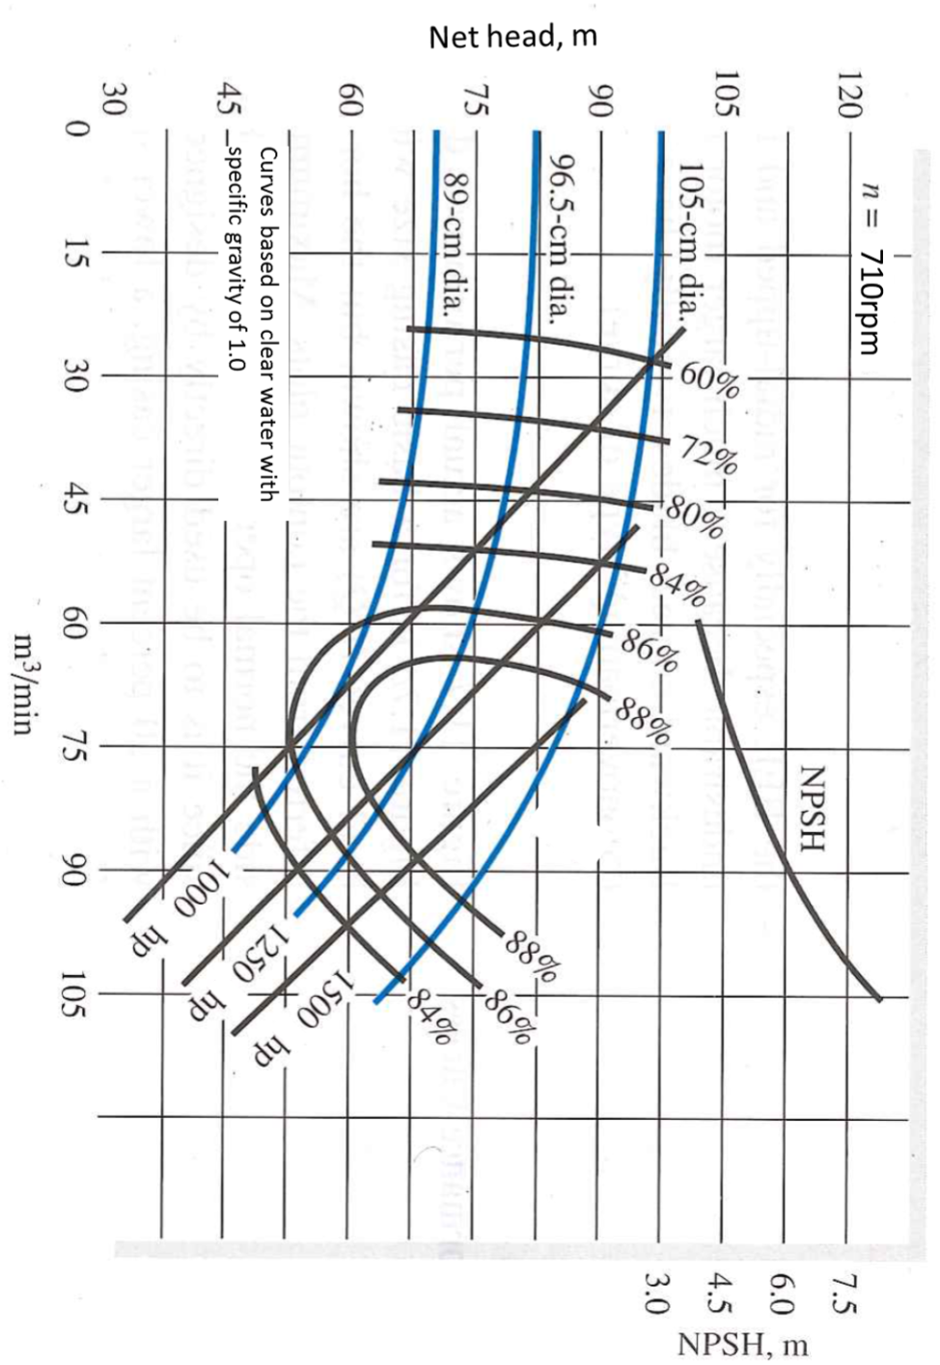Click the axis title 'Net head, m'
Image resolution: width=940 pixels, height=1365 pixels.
tap(512, 38)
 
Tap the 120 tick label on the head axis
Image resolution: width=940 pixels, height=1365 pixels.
tap(848, 95)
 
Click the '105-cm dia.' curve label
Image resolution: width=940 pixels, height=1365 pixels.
tap(688, 241)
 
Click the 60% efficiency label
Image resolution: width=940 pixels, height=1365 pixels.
tap(710, 380)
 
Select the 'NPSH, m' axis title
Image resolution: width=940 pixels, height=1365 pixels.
tap(743, 1345)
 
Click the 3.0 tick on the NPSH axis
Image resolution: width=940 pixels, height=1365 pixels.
tap(656, 1293)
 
